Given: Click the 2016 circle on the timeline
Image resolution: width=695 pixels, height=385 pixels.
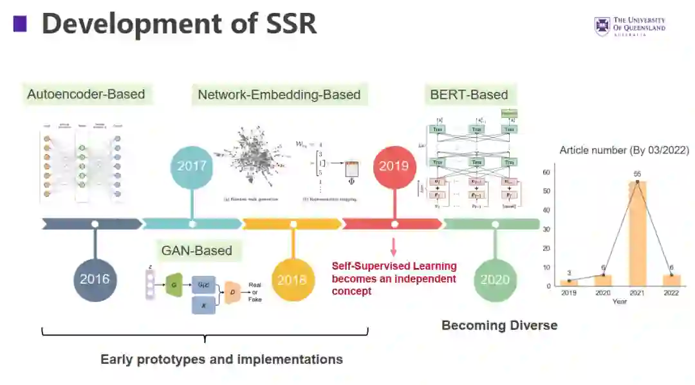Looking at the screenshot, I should [x=95, y=279].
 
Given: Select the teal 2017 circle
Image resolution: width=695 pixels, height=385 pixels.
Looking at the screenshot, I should [x=192, y=165].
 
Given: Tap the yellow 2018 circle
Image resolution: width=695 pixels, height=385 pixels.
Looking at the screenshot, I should [x=293, y=280].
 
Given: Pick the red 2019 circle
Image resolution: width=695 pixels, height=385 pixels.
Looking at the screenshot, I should [x=394, y=165].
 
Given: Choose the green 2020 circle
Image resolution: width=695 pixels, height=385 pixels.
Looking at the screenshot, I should [x=495, y=280].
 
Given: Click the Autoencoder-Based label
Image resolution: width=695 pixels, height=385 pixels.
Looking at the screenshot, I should [x=86, y=94].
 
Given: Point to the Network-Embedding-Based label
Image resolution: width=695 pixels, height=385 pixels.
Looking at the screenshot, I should [x=279, y=94].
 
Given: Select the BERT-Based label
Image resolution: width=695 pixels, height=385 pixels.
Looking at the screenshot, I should [x=469, y=94].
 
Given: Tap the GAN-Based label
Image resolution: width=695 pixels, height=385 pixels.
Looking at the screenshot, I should [x=196, y=251].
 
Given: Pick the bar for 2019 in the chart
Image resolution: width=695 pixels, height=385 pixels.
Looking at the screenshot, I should [x=569, y=283].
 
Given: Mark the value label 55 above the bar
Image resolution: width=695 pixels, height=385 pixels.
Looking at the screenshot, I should [x=637, y=174].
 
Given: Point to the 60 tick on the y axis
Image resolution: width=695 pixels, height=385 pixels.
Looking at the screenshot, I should [x=548, y=172].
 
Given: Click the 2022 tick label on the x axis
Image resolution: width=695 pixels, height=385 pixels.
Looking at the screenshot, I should [x=671, y=292].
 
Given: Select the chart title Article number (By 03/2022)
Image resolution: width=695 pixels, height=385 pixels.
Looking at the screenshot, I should [x=624, y=150].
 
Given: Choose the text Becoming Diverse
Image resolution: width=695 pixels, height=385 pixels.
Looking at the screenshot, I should [x=499, y=325].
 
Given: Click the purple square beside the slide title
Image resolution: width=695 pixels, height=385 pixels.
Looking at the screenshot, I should [x=20, y=24].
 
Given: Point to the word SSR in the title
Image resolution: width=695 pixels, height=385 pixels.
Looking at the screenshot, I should [x=284, y=24].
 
